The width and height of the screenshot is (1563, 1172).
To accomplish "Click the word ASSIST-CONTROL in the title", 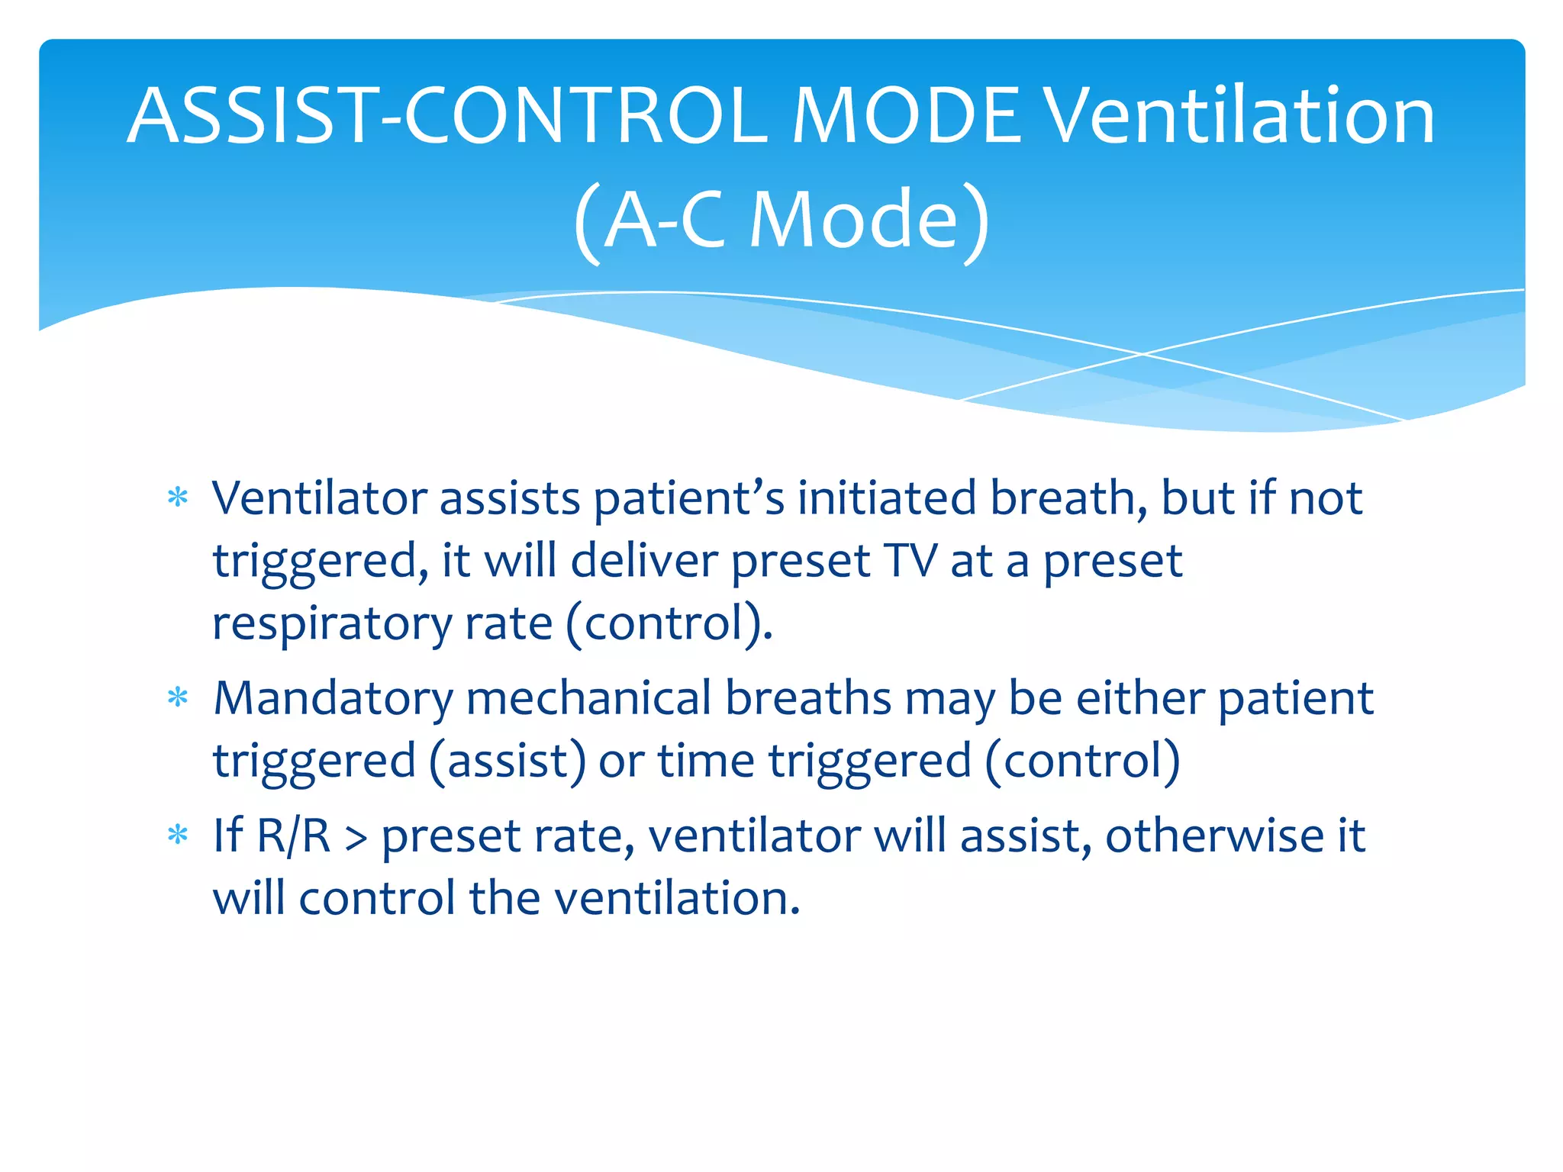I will point(446,116).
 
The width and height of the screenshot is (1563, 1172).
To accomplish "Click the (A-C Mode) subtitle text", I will point(781,220).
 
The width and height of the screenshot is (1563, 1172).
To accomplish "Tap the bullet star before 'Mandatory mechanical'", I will point(178,698).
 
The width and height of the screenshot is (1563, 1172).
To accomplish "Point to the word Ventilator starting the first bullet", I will point(320,499).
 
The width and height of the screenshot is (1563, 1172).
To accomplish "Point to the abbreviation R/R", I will point(294,836).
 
